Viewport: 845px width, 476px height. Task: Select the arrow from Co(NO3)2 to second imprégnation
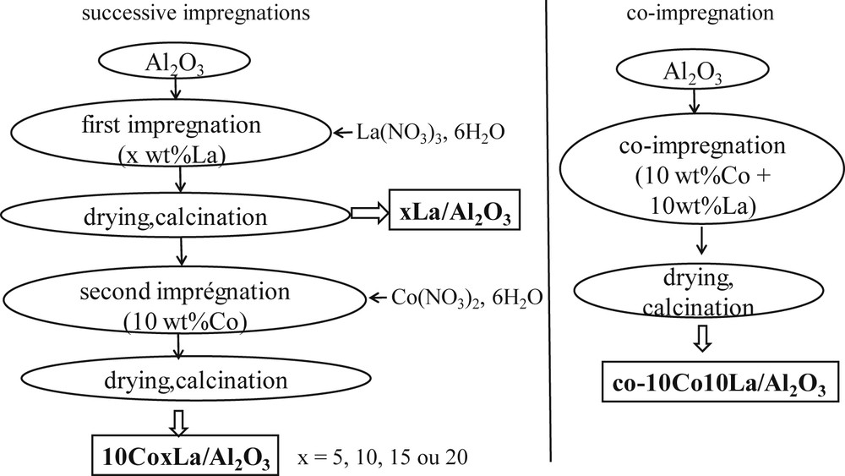pyautogui.click(x=377, y=298)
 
